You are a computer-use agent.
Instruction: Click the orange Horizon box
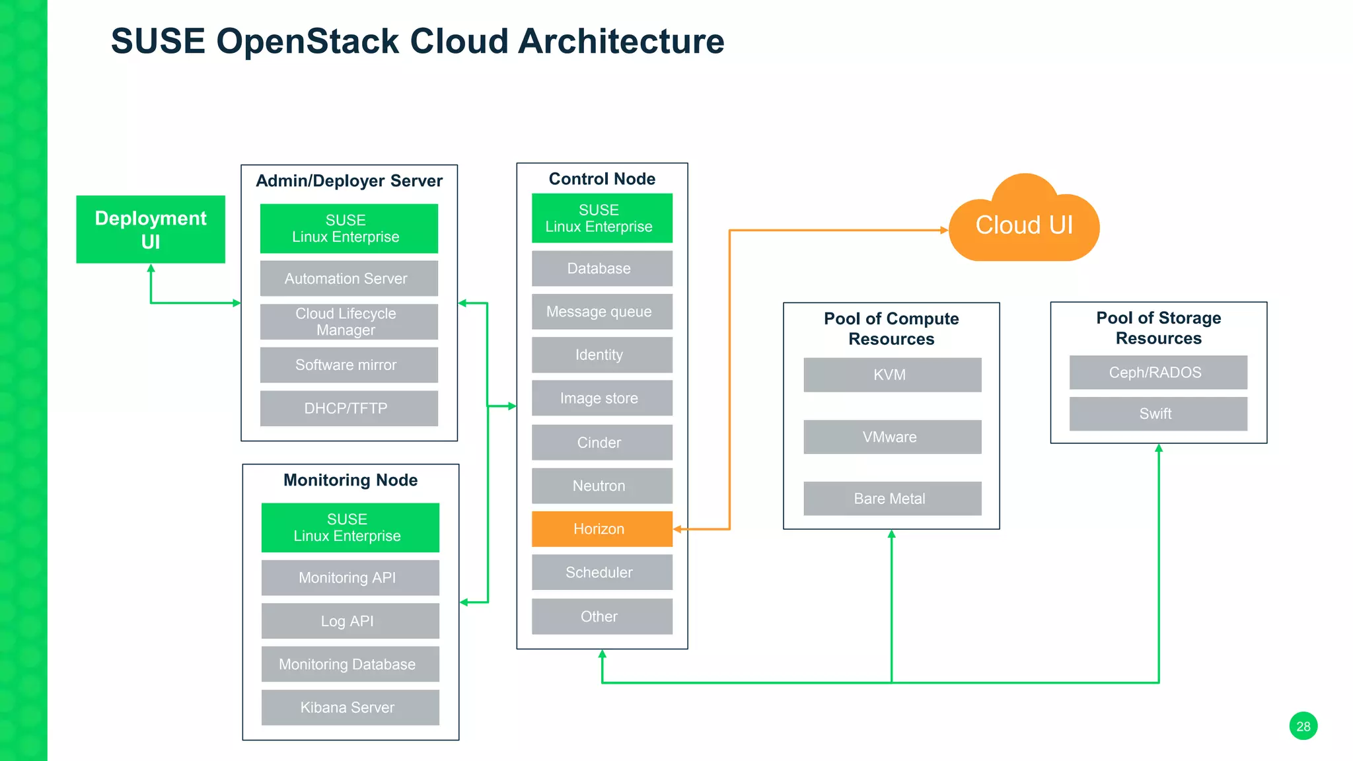tap(602, 528)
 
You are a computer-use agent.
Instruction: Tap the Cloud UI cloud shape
tap(1024, 225)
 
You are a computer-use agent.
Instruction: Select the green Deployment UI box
tap(151, 229)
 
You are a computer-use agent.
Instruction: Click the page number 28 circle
tap(1303, 726)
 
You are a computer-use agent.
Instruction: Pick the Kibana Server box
tap(350, 707)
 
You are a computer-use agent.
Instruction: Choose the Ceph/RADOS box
tap(1158, 373)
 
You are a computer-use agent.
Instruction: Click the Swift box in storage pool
tap(1158, 414)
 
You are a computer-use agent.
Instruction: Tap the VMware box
tap(892, 437)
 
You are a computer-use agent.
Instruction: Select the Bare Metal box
tap(892, 498)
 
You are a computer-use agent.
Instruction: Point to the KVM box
tap(892, 375)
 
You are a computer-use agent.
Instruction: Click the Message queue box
tap(602, 311)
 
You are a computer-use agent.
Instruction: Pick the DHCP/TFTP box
tap(349, 408)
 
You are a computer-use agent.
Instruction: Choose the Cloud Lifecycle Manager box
tap(349, 322)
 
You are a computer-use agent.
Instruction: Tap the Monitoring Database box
tap(350, 664)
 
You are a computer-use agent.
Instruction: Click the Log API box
tap(350, 621)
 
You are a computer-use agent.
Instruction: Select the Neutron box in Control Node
tap(602, 486)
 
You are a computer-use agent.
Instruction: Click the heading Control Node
tap(602, 179)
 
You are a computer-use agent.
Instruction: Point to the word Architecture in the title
tap(621, 41)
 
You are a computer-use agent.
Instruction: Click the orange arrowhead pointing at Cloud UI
tap(944, 230)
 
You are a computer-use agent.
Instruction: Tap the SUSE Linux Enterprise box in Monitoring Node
tap(350, 528)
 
